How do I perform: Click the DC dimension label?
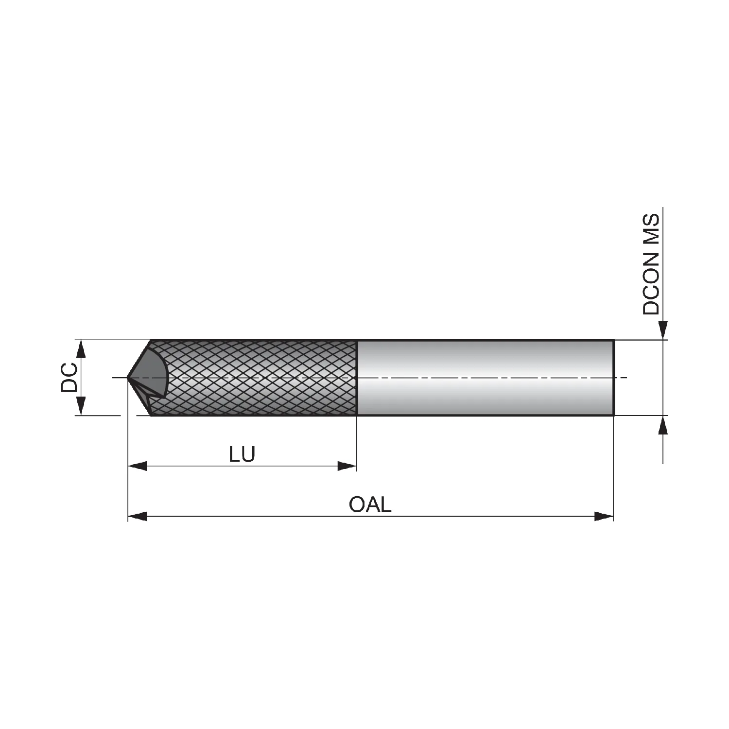pyautogui.click(x=69, y=378)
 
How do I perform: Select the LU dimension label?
pyautogui.click(x=242, y=454)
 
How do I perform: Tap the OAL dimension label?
pyautogui.click(x=370, y=505)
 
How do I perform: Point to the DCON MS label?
pyautogui.click(x=651, y=264)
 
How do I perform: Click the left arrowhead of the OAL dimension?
pyautogui.click(x=137, y=517)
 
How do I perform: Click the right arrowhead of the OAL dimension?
pyautogui.click(x=604, y=517)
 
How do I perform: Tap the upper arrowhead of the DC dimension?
pyautogui.click(x=81, y=349)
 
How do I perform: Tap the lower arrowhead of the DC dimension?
pyautogui.click(x=81, y=406)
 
